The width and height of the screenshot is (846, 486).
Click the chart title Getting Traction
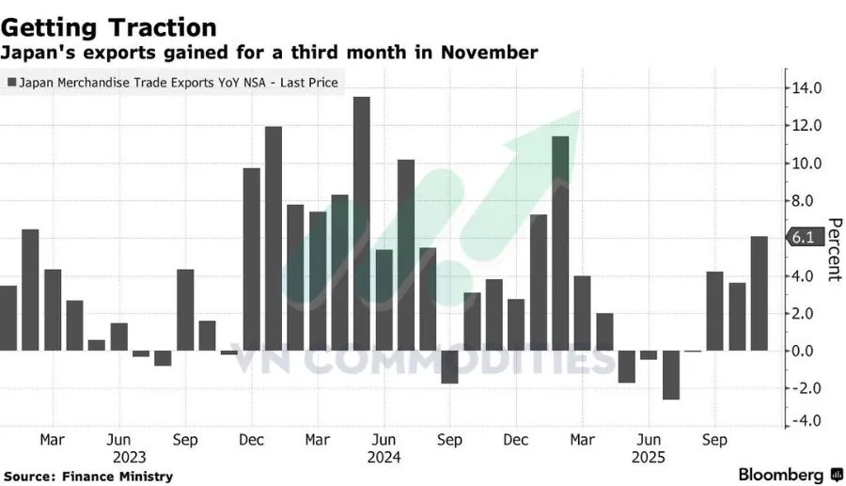coord(108,27)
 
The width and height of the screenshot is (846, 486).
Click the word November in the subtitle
coord(490,53)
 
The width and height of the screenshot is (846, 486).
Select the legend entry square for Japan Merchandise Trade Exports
coord(11,83)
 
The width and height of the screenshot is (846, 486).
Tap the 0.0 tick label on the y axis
coord(806,351)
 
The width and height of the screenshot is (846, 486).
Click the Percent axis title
coord(833,249)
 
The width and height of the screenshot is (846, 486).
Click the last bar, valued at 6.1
coord(759,293)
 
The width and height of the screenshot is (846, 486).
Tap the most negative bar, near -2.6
coord(670,375)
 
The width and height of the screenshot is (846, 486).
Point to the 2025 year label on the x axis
coord(648,458)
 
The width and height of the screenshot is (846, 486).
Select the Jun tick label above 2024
coord(384,439)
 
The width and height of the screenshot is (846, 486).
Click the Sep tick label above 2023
coord(185,439)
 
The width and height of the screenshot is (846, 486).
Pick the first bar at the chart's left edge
coord(8,318)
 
